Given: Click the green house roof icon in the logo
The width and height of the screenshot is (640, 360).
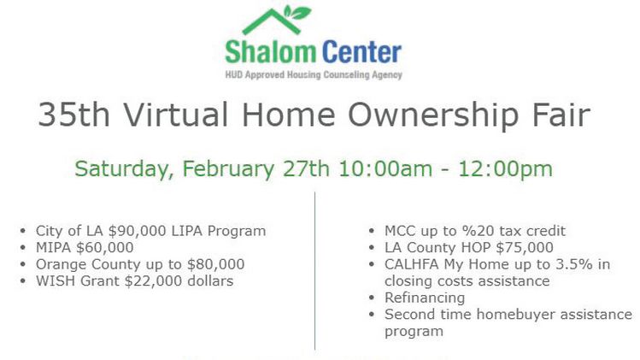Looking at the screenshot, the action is [272, 21].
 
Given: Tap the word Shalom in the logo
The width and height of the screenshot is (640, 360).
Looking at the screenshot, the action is [271, 52].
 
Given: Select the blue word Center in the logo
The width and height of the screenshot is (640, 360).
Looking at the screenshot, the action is [361, 52].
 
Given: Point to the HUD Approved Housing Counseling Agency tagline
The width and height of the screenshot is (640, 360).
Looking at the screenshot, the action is [314, 74].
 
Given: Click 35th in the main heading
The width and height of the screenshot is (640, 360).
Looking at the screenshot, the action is [73, 115].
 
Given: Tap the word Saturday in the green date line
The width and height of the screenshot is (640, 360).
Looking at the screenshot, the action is [121, 169].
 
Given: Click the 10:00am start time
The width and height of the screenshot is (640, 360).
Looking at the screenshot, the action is [385, 168].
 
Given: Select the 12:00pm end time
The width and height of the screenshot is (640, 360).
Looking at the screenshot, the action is [505, 169].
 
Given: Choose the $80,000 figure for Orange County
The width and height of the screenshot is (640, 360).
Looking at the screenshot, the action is [216, 264].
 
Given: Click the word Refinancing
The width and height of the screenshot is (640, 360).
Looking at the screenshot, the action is [425, 298].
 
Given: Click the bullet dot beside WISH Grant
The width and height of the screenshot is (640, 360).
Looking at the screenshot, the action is [22, 281].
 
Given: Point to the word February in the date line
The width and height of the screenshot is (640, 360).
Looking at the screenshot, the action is [229, 169].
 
